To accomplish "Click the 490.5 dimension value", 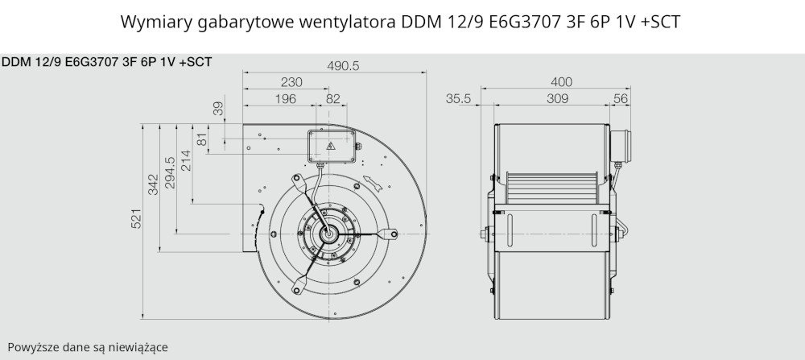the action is pyautogui.click(x=343, y=66).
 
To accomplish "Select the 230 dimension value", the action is pyautogui.click(x=291, y=82).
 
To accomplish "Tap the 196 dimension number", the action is pyautogui.click(x=286, y=98).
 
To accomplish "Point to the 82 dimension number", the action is pyautogui.click(x=333, y=98).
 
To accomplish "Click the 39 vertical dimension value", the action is pyautogui.click(x=218, y=109).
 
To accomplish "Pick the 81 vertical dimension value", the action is pyautogui.click(x=202, y=139).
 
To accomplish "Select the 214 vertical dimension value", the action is pyautogui.click(x=185, y=160).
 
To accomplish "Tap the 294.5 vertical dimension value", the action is pyautogui.click(x=169, y=172).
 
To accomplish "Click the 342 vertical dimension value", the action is pyautogui.click(x=152, y=184).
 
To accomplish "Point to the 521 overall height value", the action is pyautogui.click(x=136, y=219).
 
